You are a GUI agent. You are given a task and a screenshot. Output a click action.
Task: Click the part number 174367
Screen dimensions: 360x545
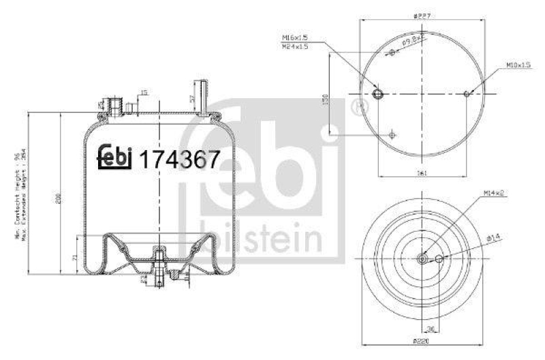tap(179, 160)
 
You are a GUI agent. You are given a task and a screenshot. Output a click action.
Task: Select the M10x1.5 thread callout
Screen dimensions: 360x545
tap(518, 65)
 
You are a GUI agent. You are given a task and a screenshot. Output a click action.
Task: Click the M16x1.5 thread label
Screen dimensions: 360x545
tap(294, 38)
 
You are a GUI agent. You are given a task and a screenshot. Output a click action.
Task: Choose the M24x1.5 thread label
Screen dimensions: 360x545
tap(294, 46)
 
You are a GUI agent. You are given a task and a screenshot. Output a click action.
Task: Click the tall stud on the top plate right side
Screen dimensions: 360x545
tap(201, 95)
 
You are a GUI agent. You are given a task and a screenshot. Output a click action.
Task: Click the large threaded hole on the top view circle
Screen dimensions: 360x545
tap(379, 93)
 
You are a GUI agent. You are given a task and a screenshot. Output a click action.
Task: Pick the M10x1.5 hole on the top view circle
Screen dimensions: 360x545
tap(467, 93)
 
